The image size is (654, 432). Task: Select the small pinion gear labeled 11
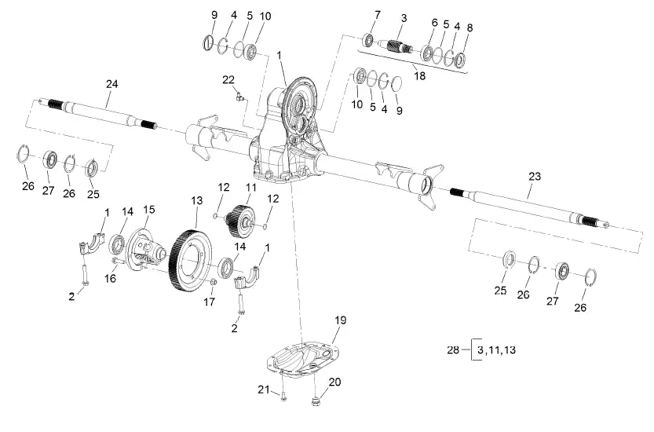[241, 221]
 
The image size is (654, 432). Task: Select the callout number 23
[534, 177]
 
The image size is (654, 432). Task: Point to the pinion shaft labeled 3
[400, 46]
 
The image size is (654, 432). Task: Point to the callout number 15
[149, 211]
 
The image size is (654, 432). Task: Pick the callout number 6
[433, 24]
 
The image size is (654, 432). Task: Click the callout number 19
[340, 320]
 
